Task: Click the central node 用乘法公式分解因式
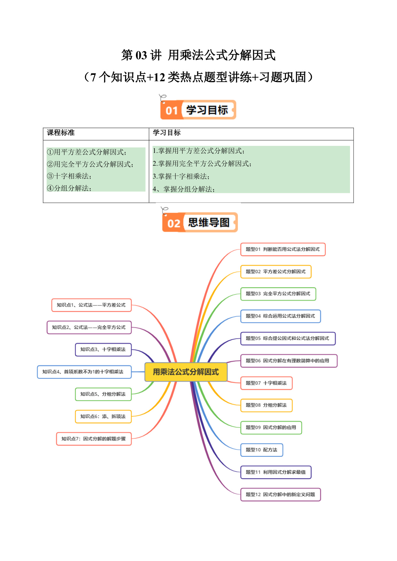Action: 186,372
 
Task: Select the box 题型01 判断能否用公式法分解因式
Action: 283,249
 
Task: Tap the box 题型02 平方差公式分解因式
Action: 276,272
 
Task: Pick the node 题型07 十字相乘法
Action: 266,383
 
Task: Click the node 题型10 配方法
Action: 262,450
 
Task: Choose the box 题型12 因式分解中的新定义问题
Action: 281,494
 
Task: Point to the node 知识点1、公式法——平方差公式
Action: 91,305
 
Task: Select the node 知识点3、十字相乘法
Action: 103,350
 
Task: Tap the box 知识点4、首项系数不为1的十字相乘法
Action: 84,372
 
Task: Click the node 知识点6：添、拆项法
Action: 103,416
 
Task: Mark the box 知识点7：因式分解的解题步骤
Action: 94,439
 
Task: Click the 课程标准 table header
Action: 61,133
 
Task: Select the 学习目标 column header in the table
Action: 167,133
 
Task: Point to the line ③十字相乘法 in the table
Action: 69,176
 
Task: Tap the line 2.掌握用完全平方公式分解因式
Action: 202,164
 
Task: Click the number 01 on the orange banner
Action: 171,111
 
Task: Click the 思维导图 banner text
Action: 209,223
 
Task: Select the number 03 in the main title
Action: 141,55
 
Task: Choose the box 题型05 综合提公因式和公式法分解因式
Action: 288,339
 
